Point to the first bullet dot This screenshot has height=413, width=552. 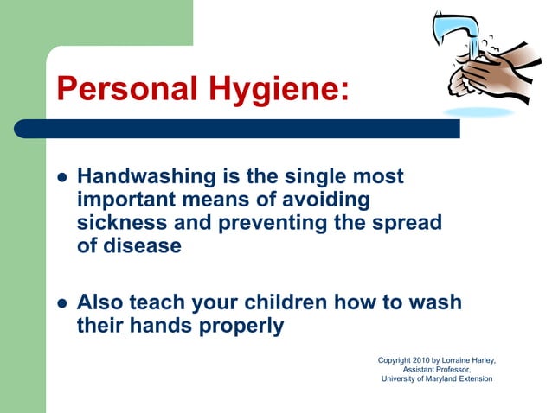(x=61, y=177)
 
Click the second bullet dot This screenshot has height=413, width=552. (x=61, y=303)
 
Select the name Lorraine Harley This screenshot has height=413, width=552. (x=472, y=359)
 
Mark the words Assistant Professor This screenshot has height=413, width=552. (x=437, y=369)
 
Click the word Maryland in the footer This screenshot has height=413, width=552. (x=444, y=378)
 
